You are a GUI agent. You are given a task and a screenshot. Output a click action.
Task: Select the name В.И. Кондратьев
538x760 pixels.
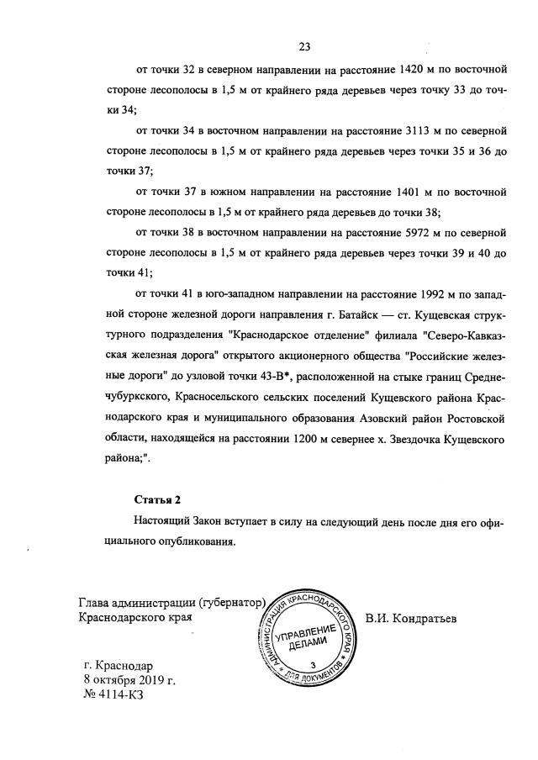coord(410,620)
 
